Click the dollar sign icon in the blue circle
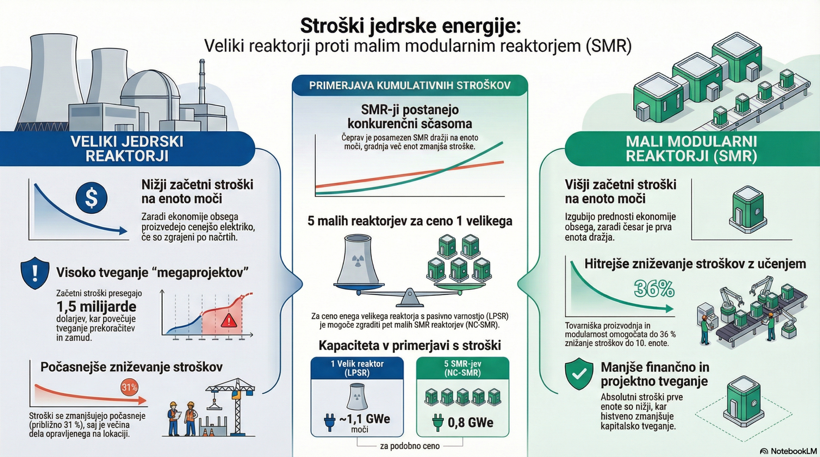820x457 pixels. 91,198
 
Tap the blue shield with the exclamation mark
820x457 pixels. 35,273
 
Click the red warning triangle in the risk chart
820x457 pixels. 229,321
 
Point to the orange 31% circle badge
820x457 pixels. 129,388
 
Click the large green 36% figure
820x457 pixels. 654,289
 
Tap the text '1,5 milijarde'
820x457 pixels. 96,307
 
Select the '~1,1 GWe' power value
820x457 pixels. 365,419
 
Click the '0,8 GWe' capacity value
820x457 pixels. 470,422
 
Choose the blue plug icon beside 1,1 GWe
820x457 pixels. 330,422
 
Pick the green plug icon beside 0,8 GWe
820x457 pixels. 437,422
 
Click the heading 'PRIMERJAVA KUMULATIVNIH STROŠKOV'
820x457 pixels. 410,85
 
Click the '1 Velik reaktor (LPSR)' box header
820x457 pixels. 357,368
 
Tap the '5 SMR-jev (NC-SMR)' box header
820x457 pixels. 463,368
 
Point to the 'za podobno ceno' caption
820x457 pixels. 410,446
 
